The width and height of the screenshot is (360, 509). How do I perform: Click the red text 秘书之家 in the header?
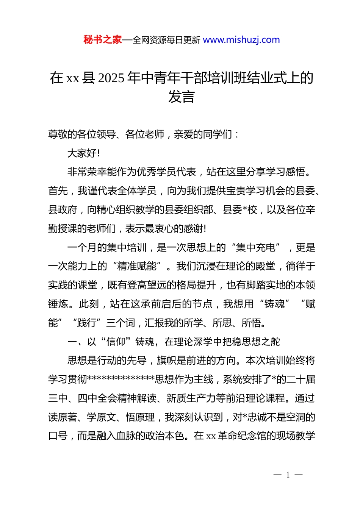pos(103,40)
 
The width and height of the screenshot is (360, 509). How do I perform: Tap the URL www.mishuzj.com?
pos(241,40)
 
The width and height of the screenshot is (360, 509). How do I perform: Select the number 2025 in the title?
pos(111,78)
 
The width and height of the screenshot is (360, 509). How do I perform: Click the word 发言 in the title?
pos(182,97)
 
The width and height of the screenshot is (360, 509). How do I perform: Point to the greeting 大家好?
pos(83,153)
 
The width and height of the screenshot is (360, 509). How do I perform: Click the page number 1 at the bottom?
pos(288,475)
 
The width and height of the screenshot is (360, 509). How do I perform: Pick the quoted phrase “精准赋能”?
pos(137,266)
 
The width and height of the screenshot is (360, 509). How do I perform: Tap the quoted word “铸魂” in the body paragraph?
pos(275,304)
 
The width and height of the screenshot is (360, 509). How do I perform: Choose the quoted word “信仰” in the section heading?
pos(116,342)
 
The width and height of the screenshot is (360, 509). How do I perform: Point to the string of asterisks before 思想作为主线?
pos(121,379)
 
